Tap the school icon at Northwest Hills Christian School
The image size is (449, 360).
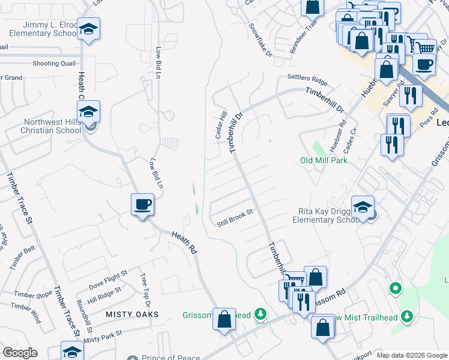pos(88,112)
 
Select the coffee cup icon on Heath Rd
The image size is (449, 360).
pos(142,205)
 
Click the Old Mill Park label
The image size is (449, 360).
pos(324,160)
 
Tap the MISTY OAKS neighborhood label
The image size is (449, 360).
pos(132,314)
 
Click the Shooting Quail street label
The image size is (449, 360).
pos(54,64)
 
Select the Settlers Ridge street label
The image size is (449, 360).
pos(307,79)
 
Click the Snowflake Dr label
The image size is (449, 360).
pos(261,41)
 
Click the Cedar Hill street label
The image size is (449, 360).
pos(220,125)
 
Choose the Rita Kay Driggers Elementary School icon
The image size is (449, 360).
pos(363,208)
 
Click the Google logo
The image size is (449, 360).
pos(20,353)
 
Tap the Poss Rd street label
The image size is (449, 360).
pos(427,119)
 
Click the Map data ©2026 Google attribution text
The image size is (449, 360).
pos(412,355)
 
